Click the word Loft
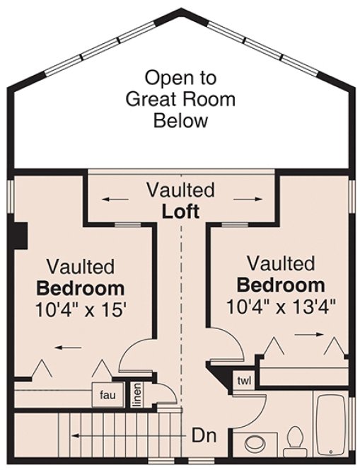[180, 211]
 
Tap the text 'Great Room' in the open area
[180, 98]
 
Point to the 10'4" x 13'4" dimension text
[281, 306]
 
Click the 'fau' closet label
[108, 395]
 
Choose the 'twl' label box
[245, 380]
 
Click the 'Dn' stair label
[204, 434]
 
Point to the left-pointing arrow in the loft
[120, 199]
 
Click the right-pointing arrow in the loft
[243, 199]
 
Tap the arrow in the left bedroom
[68, 348]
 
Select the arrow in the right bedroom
[306, 333]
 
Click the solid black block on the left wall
[21, 236]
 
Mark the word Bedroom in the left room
[81, 289]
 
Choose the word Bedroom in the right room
[281, 286]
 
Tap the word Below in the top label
[180, 120]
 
